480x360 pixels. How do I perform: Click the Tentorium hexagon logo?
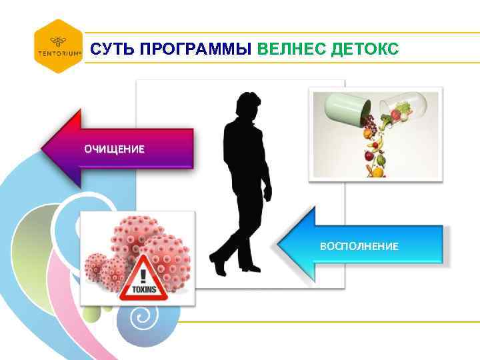(x=58, y=46)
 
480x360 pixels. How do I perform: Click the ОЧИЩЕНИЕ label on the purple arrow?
(x=113, y=149)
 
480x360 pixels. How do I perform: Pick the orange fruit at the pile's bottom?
(x=377, y=171)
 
